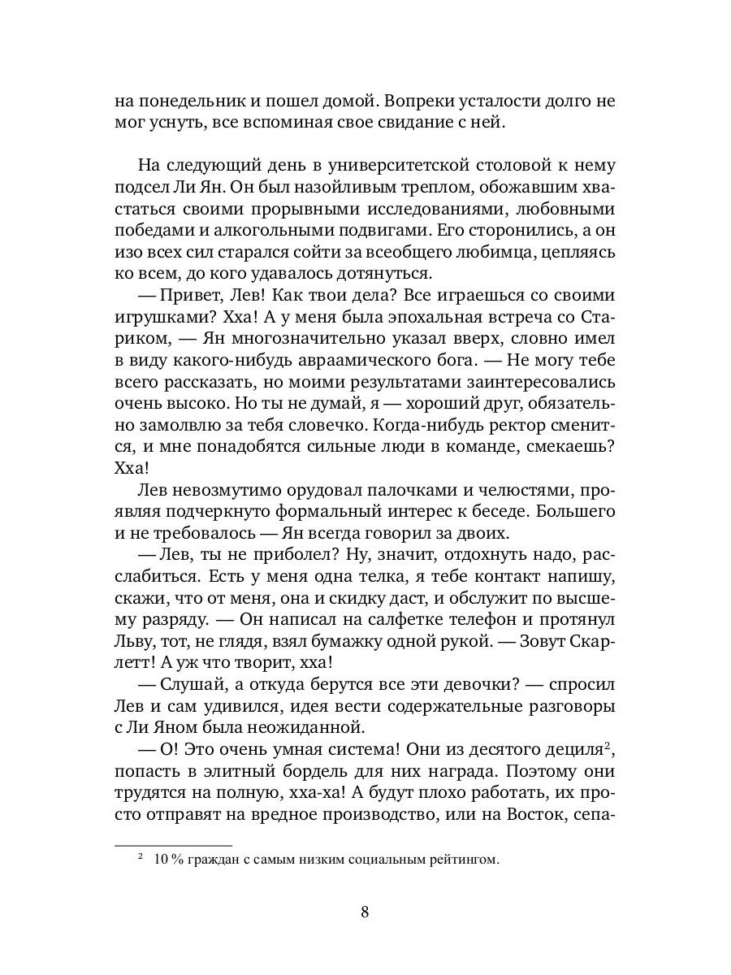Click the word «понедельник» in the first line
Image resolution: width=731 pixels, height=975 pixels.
click(x=185, y=102)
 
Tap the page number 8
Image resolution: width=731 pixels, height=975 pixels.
click(x=365, y=911)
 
